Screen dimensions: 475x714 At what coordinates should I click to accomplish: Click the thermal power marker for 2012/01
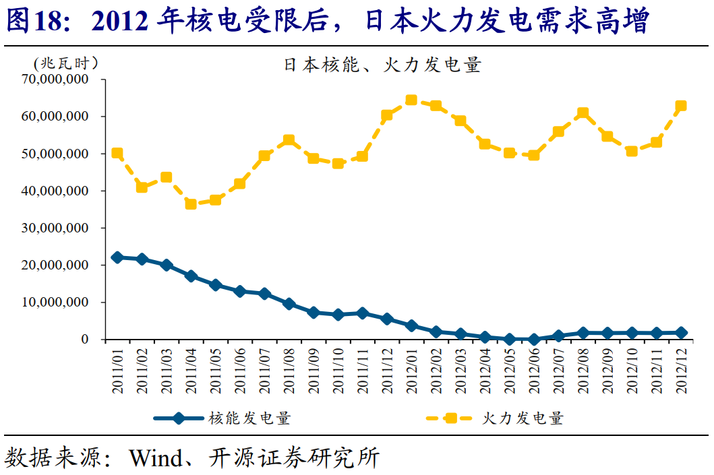(411, 100)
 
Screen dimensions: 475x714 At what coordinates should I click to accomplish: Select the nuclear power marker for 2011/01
(117, 257)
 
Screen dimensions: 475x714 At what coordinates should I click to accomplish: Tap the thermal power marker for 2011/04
(191, 203)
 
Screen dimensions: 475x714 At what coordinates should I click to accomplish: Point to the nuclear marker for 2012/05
(509, 339)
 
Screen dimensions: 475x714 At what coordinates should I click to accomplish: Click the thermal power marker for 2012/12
(681, 106)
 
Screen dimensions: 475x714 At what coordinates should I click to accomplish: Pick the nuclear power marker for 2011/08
(289, 304)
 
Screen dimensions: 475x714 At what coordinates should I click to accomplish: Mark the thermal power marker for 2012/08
(583, 113)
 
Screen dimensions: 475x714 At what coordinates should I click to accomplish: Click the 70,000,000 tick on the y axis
(57, 79)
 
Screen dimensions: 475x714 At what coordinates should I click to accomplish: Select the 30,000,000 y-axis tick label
(57, 228)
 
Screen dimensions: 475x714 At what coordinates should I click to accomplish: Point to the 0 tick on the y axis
(85, 340)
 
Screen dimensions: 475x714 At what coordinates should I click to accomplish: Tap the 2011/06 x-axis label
(240, 370)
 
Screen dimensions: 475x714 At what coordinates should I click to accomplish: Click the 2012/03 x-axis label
(460, 370)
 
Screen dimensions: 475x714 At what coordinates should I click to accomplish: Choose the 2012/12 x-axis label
(681, 370)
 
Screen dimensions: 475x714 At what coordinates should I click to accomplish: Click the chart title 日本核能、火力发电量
(382, 65)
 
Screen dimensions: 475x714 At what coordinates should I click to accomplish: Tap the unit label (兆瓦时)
(65, 63)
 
